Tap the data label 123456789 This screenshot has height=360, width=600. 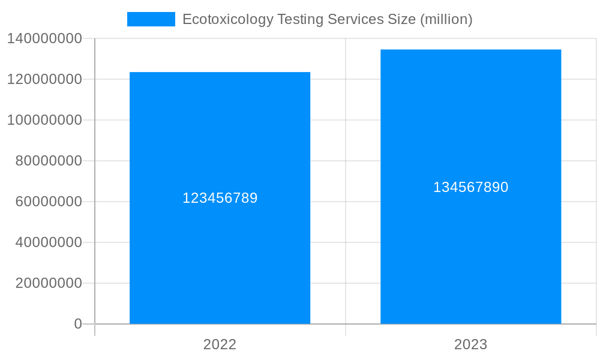[220, 198]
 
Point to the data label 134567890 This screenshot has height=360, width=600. [470, 187]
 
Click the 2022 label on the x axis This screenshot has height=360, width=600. [220, 344]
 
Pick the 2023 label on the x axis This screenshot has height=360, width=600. [470, 344]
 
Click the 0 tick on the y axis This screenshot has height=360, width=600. [77, 324]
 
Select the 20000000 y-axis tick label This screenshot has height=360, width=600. [49, 283]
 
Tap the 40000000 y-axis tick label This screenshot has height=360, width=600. [49, 242]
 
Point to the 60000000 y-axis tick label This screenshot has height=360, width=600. [49, 202]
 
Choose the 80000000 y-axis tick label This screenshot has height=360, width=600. [49, 161]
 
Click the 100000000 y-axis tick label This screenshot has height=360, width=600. [44, 120]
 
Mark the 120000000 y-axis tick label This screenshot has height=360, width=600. [44, 79]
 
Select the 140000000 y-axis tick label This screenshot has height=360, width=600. [44, 38]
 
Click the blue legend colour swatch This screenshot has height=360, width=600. [151, 19]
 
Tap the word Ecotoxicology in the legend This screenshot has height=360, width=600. [221, 19]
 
